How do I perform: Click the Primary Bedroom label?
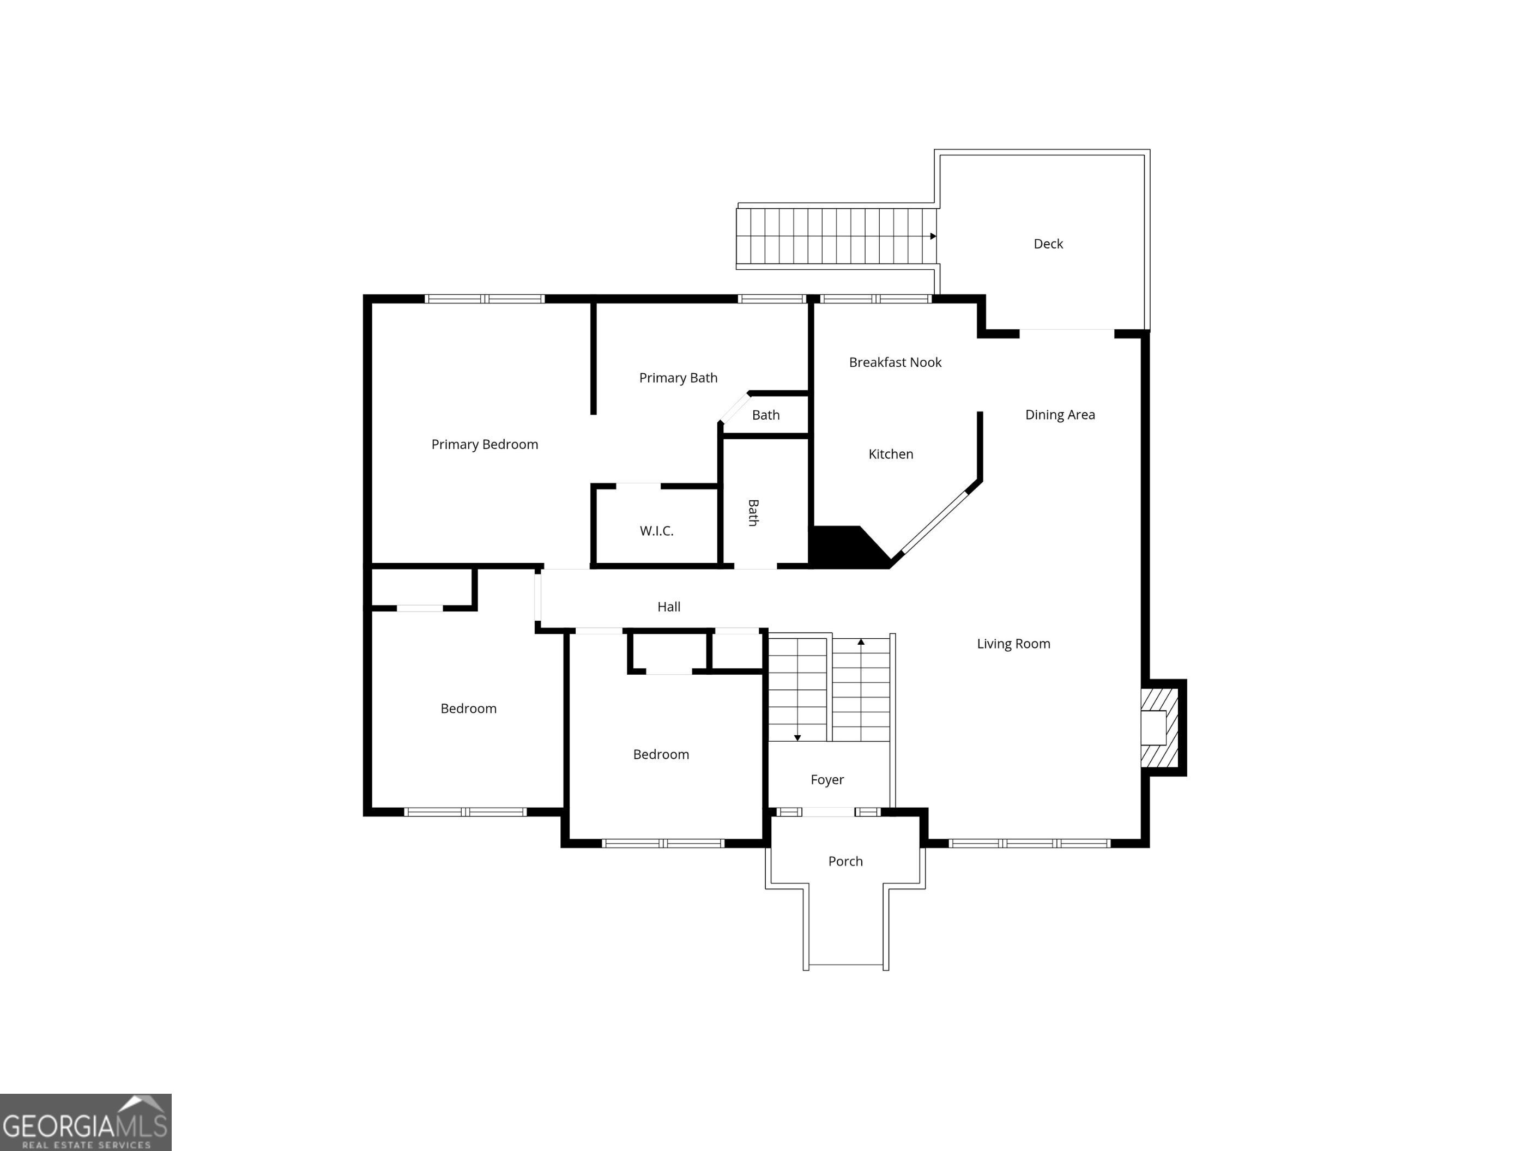click(x=485, y=445)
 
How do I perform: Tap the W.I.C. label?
click(x=656, y=531)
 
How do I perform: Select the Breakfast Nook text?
click(x=895, y=362)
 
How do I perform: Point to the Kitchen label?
click(x=891, y=455)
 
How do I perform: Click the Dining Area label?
click(x=1060, y=415)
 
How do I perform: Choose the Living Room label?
click(x=1013, y=644)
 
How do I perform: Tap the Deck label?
click(x=1048, y=244)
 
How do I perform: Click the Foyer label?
click(x=827, y=780)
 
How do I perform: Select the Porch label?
click(x=845, y=862)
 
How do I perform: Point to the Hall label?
click(x=669, y=607)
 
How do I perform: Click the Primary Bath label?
click(x=678, y=378)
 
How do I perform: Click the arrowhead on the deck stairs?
click(x=933, y=237)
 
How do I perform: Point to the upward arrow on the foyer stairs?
click(x=861, y=643)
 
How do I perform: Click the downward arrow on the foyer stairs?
click(x=797, y=737)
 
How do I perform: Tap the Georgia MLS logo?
click(x=86, y=1122)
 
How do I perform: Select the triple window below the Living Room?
click(x=1029, y=844)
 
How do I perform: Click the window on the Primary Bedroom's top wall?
click(x=485, y=299)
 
